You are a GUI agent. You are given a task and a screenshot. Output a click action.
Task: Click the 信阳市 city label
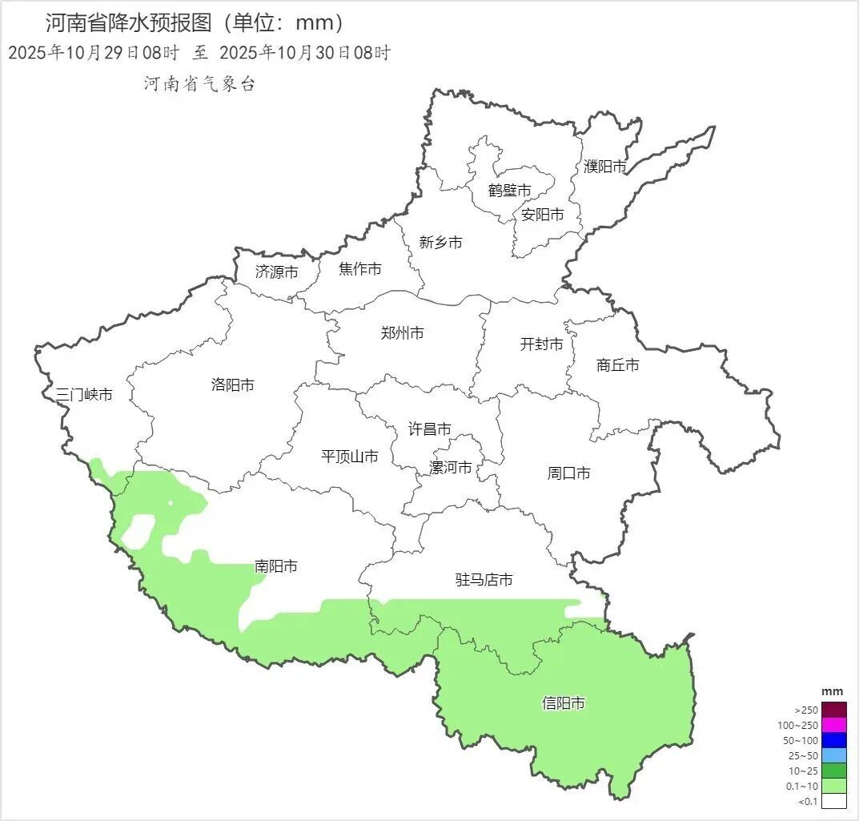tap(564, 703)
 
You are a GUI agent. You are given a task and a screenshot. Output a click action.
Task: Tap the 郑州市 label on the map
tap(403, 333)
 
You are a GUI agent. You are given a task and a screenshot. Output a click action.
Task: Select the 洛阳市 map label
tap(233, 384)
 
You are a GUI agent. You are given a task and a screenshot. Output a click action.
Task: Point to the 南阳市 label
tap(276, 566)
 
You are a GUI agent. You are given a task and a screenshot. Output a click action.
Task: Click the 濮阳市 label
tap(605, 167)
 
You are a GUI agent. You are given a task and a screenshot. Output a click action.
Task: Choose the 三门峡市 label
tap(84, 394)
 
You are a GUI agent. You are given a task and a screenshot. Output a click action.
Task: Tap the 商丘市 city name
tap(618, 365)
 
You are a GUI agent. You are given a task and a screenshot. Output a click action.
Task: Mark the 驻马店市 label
tap(484, 580)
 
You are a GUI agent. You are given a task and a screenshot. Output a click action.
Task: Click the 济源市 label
tap(277, 272)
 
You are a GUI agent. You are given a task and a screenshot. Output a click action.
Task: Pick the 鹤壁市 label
tap(510, 191)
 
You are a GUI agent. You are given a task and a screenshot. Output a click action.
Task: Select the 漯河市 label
tap(451, 467)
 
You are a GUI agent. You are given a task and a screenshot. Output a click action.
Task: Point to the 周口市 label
tap(569, 473)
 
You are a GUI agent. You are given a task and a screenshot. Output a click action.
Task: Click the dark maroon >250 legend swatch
tap(834, 710)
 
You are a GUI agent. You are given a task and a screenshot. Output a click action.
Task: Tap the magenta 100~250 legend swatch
tap(834, 725)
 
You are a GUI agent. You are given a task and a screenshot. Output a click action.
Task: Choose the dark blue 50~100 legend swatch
tap(834, 740)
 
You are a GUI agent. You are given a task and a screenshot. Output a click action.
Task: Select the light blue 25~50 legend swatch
tap(834, 755)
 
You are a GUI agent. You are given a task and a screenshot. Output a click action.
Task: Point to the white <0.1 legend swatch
tap(834, 800)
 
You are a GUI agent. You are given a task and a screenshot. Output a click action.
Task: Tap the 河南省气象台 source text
tap(199, 84)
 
